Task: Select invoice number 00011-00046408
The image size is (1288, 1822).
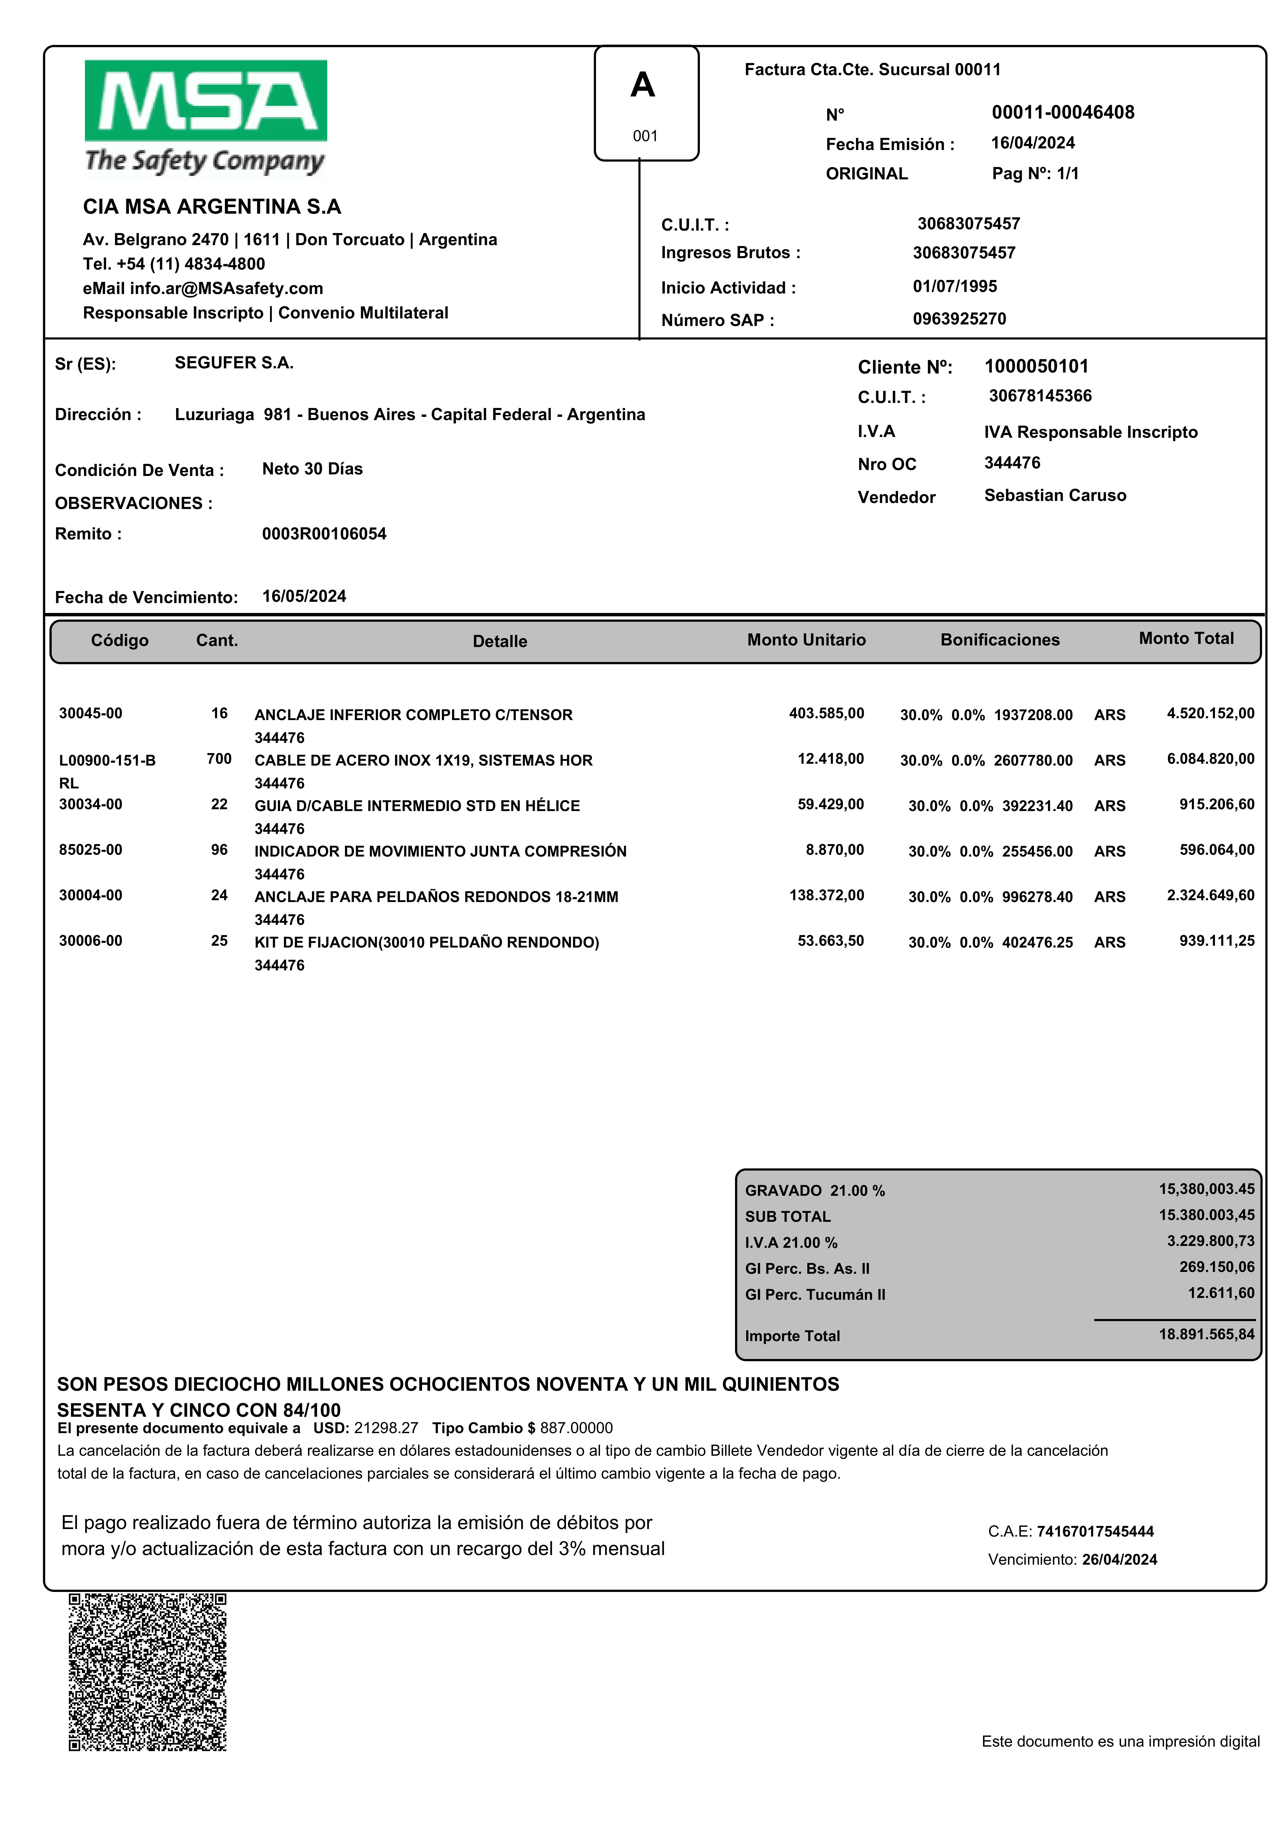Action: coord(1063,113)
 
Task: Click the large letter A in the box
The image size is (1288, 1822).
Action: coord(642,85)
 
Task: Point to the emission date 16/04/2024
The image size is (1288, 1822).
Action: coord(1033,143)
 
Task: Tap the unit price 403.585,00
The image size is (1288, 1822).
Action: coord(826,713)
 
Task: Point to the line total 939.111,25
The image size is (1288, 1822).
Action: coord(1217,941)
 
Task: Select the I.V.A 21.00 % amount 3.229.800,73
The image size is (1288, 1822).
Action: coord(1210,1241)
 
